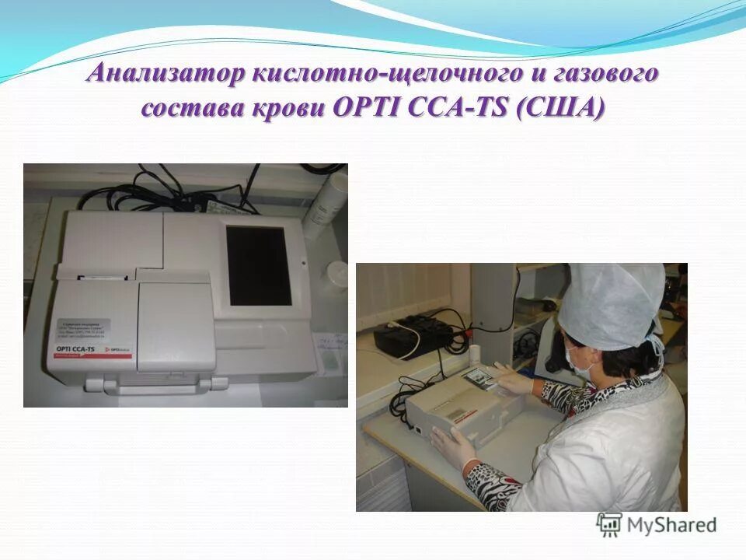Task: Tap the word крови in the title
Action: (289, 108)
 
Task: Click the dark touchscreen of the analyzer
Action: (258, 265)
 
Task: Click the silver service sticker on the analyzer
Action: (84, 327)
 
